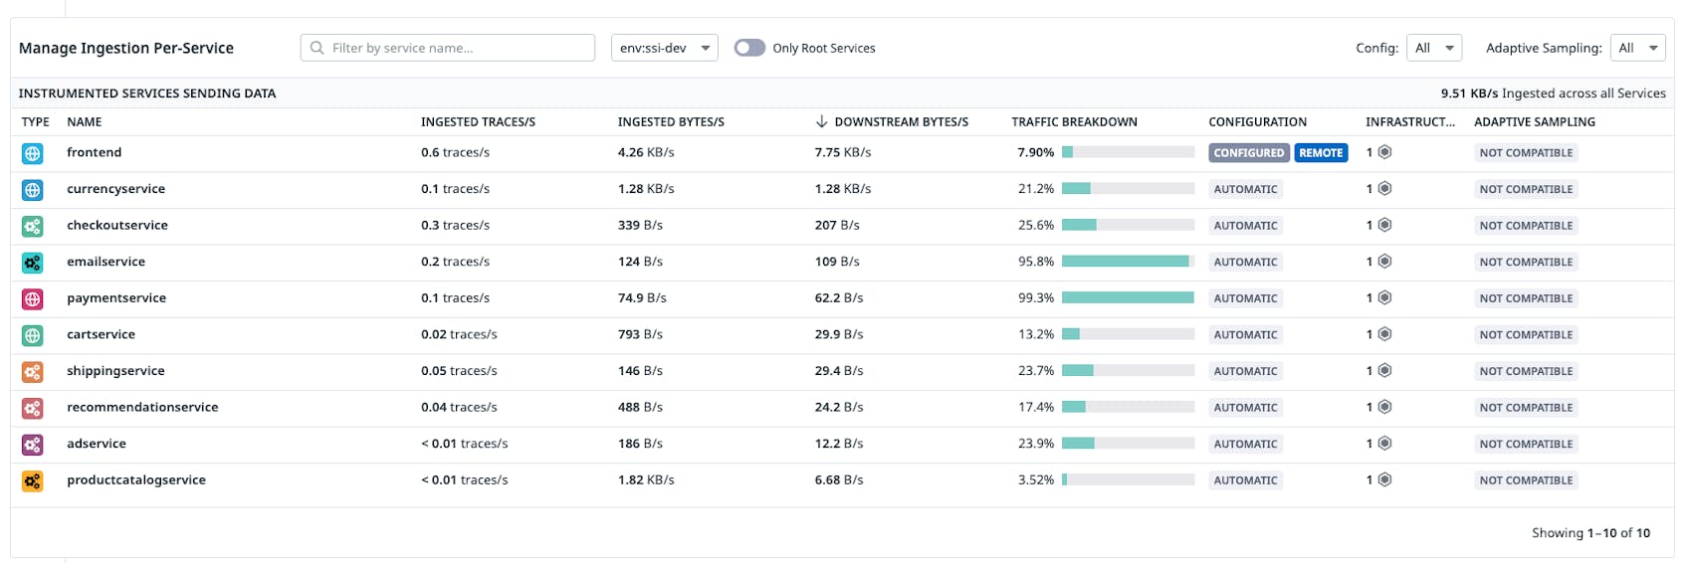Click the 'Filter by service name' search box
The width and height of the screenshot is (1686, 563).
[448, 48]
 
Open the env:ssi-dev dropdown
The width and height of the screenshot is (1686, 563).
[664, 48]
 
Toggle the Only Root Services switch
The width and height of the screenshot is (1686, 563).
[749, 48]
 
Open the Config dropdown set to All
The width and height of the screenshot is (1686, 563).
[1433, 48]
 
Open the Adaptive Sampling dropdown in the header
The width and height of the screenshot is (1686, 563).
[1637, 48]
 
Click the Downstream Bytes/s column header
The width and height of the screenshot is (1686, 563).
[900, 122]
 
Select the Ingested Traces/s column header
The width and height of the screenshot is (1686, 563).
[478, 122]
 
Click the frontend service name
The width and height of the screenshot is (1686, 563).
[95, 153]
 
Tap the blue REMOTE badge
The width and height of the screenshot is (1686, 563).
[1321, 153]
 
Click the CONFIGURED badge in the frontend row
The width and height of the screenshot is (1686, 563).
[1248, 153]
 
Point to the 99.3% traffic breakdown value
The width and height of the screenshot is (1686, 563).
[1035, 298]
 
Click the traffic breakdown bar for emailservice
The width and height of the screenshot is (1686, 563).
[1127, 262]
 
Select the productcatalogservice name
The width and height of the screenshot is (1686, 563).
[136, 480]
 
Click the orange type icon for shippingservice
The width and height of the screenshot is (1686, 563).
[33, 372]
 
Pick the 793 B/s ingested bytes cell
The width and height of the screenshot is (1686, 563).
[641, 335]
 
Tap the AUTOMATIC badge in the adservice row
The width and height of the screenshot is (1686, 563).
[1245, 445]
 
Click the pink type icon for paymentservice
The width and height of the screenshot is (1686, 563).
[33, 298]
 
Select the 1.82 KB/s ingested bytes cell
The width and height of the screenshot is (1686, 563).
[646, 480]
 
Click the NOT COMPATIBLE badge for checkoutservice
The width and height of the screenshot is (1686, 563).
[1526, 226]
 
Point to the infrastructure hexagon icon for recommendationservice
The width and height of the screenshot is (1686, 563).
[1384, 407]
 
